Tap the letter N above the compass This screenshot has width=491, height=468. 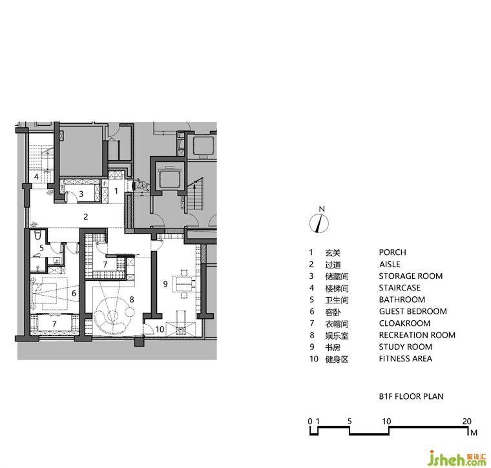click(x=322, y=209)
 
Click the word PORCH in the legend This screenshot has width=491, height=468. click(x=392, y=252)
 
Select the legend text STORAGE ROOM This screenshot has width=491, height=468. click(x=410, y=276)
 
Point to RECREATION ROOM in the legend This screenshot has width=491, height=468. click(x=417, y=335)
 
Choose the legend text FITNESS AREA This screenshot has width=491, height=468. click(x=406, y=358)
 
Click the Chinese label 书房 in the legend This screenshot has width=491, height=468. click(x=333, y=347)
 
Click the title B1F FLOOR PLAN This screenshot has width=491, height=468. click(x=411, y=396)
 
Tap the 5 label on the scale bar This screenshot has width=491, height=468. click(x=350, y=421)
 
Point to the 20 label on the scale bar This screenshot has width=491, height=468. click(x=467, y=421)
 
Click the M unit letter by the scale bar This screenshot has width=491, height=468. click(x=474, y=432)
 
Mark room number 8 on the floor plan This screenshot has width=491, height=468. click(x=132, y=300)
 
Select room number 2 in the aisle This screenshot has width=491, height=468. click(x=86, y=216)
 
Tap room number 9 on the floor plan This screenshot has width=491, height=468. click(x=165, y=284)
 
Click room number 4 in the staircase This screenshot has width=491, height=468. click(x=36, y=177)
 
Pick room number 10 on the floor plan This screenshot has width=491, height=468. click(x=160, y=329)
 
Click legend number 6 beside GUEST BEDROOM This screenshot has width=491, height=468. click(x=312, y=312)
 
